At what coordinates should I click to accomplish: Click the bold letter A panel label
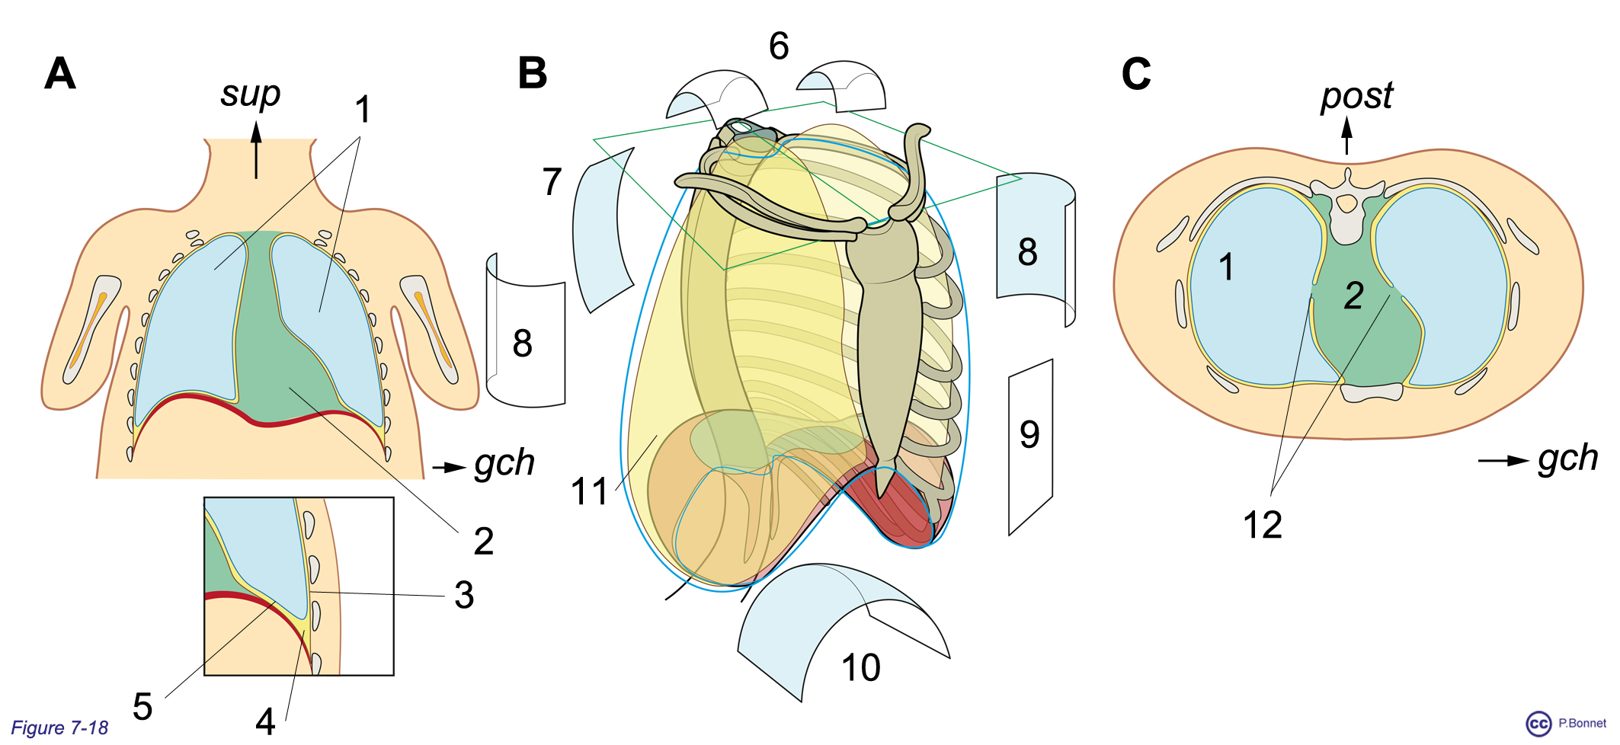pos(60,75)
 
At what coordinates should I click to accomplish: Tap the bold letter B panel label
pos(532,75)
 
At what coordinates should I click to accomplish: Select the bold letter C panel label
pos(1135,75)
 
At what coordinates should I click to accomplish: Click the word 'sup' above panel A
pos(250,94)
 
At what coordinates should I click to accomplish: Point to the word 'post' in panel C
pos(1356,97)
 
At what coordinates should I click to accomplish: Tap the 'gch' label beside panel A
pos(504,462)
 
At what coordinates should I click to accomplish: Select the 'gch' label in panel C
pos(1567,458)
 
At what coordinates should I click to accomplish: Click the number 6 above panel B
pos(778,46)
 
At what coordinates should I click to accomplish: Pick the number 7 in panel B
pos(552,182)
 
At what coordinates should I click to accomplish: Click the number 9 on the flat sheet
pos(1029,434)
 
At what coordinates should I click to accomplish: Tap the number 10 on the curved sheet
pos(860,668)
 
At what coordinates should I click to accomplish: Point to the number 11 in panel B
pos(589,491)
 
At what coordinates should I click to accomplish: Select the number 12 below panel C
pos(1262,525)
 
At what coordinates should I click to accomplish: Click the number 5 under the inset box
pos(142,707)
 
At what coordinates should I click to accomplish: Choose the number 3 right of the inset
pos(464,595)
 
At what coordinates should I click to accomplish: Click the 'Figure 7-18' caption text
pos(59,728)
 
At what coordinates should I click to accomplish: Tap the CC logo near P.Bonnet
pos(1538,724)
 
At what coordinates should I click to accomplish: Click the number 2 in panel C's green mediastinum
pos(1353,296)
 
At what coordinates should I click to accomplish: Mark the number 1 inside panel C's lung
pos(1225,267)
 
